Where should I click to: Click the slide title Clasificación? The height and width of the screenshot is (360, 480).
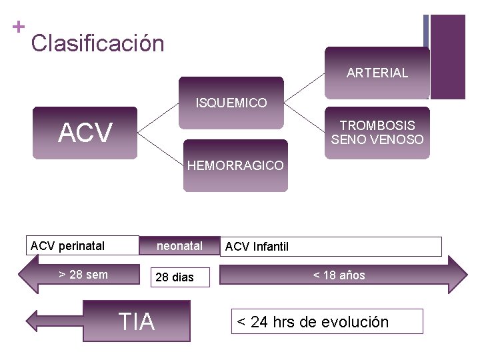[97, 44]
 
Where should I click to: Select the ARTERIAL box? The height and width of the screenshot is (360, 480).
[377, 73]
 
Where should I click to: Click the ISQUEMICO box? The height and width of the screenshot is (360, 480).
[231, 103]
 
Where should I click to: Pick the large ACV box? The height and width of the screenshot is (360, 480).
[85, 133]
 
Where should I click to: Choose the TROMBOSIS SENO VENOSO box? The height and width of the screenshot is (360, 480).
[377, 132]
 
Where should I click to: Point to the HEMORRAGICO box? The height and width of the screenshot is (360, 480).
[235, 165]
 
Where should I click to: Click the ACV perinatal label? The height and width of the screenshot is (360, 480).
[67, 246]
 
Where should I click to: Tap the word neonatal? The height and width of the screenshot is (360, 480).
[179, 246]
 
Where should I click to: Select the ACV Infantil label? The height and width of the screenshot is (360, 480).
[257, 247]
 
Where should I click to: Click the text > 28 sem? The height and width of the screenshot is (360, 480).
[83, 274]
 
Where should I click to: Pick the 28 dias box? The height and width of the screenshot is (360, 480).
[174, 277]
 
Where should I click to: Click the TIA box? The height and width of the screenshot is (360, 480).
[136, 321]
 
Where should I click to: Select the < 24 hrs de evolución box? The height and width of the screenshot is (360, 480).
[327, 321]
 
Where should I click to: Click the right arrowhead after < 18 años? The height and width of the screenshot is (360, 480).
[458, 275]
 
